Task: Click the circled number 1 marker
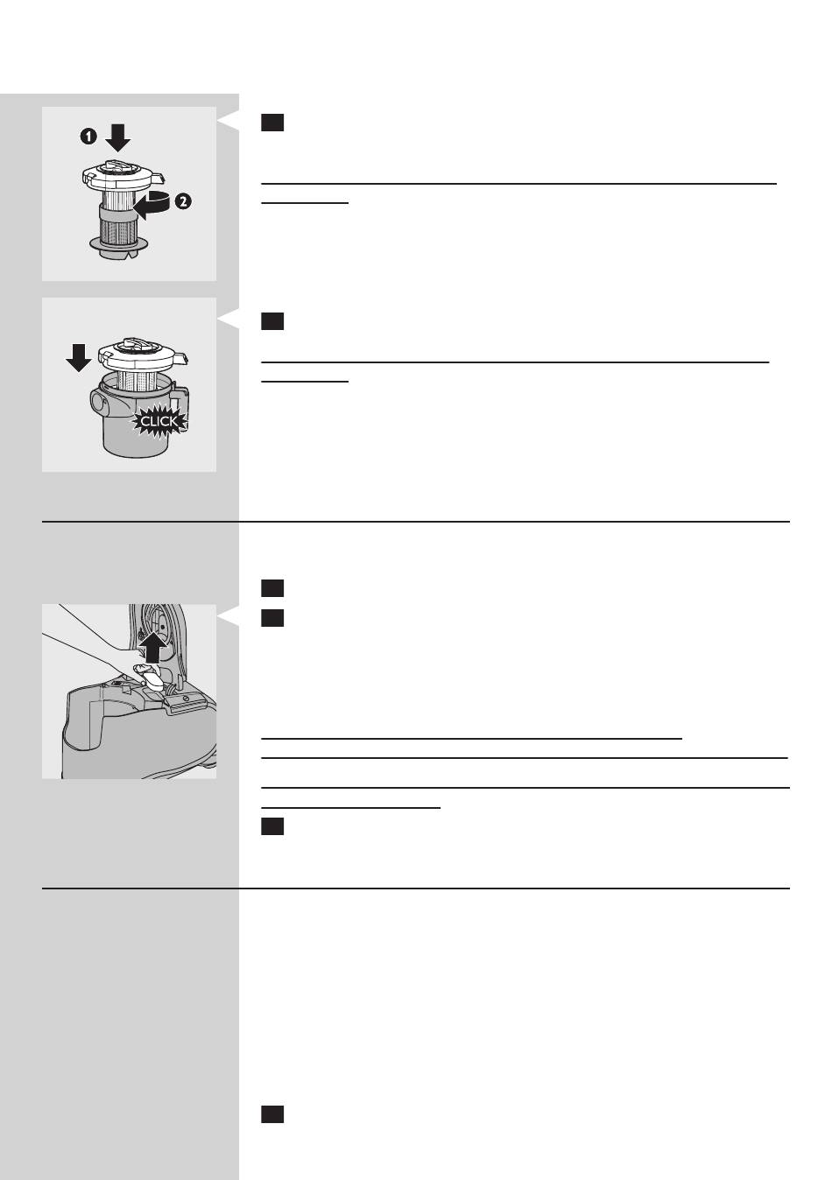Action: (88, 137)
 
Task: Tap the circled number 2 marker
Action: (183, 201)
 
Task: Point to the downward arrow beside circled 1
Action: (117, 138)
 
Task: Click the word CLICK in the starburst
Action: (159, 421)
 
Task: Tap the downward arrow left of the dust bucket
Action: (79, 358)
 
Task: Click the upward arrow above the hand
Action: (153, 647)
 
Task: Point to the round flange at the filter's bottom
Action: (120, 244)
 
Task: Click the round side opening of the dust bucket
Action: (98, 403)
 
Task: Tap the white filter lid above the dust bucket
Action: (142, 355)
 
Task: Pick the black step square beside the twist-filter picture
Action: (272, 123)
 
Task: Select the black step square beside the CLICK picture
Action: (272, 320)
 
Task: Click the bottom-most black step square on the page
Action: (272, 1114)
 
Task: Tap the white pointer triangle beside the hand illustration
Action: (229, 615)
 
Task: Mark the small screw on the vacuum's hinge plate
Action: (186, 698)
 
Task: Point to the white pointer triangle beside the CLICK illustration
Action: (229, 318)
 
